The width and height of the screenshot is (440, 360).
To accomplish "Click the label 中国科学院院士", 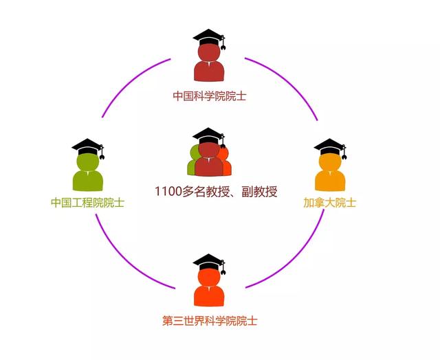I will click(x=209, y=95).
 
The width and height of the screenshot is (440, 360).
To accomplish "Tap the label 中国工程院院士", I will click(x=87, y=203).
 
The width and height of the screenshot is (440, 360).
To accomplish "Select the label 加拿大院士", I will click(x=329, y=203).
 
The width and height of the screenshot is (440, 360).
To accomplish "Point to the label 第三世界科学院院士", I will click(x=210, y=320).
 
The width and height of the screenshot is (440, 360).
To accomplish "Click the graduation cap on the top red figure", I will click(x=209, y=36).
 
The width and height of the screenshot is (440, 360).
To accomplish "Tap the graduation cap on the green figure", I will click(x=87, y=146).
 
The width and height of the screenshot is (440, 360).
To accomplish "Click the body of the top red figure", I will click(x=209, y=70).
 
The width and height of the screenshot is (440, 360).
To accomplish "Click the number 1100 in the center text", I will click(x=168, y=192).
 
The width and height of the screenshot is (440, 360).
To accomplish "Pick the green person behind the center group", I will click(x=192, y=165).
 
